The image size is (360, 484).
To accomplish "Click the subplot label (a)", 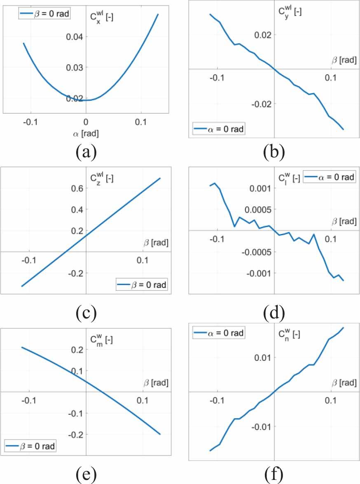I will [x=86, y=152].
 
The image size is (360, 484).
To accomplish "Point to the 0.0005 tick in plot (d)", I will [x=257, y=210].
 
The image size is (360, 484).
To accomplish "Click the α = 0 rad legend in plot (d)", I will [x=330, y=177].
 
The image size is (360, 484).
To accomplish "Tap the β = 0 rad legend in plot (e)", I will [x=30, y=446].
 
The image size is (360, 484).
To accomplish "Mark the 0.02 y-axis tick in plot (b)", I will [x=262, y=35].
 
